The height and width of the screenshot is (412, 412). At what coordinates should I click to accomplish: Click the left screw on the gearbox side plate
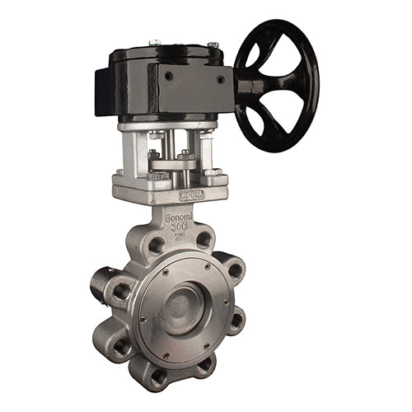point(168,76)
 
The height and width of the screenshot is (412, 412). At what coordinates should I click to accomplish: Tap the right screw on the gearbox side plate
point(219,79)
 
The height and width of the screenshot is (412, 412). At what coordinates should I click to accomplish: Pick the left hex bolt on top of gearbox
point(154,42)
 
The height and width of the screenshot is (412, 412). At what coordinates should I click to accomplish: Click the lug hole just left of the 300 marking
point(155,246)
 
